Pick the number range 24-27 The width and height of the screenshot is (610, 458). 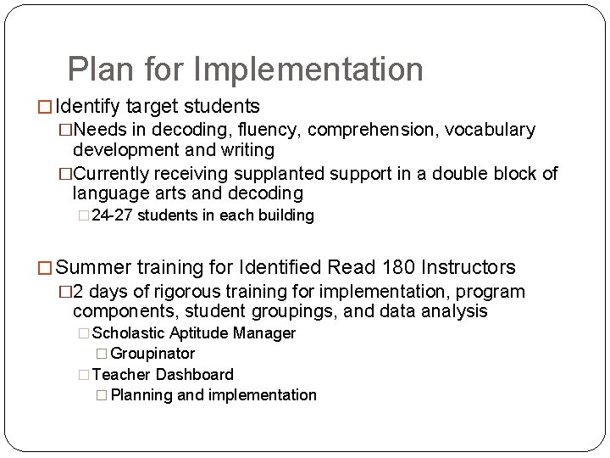(x=112, y=215)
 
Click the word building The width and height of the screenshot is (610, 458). (x=286, y=215)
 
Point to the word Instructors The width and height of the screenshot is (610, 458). (x=463, y=268)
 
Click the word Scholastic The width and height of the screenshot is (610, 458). (x=127, y=333)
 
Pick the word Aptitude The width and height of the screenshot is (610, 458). (x=197, y=333)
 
